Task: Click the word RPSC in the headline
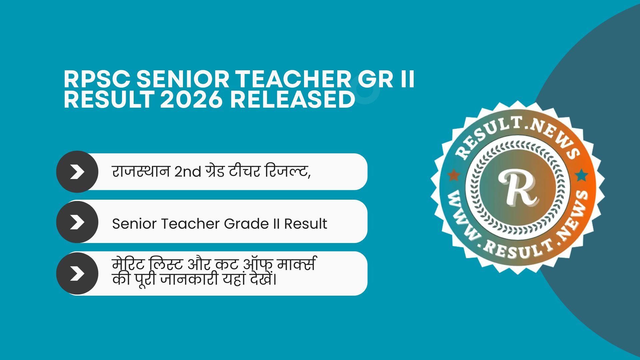[x=97, y=80]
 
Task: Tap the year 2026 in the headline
[x=191, y=100]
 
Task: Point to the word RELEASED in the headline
[x=293, y=100]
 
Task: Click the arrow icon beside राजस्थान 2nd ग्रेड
[x=77, y=172]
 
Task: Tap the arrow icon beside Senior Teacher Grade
[x=77, y=222]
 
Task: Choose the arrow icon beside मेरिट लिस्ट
[x=77, y=273]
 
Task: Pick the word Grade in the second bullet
[x=246, y=224]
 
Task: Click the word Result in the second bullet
[x=305, y=224]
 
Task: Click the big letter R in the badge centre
[x=518, y=188]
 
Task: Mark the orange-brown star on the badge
[x=453, y=175]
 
